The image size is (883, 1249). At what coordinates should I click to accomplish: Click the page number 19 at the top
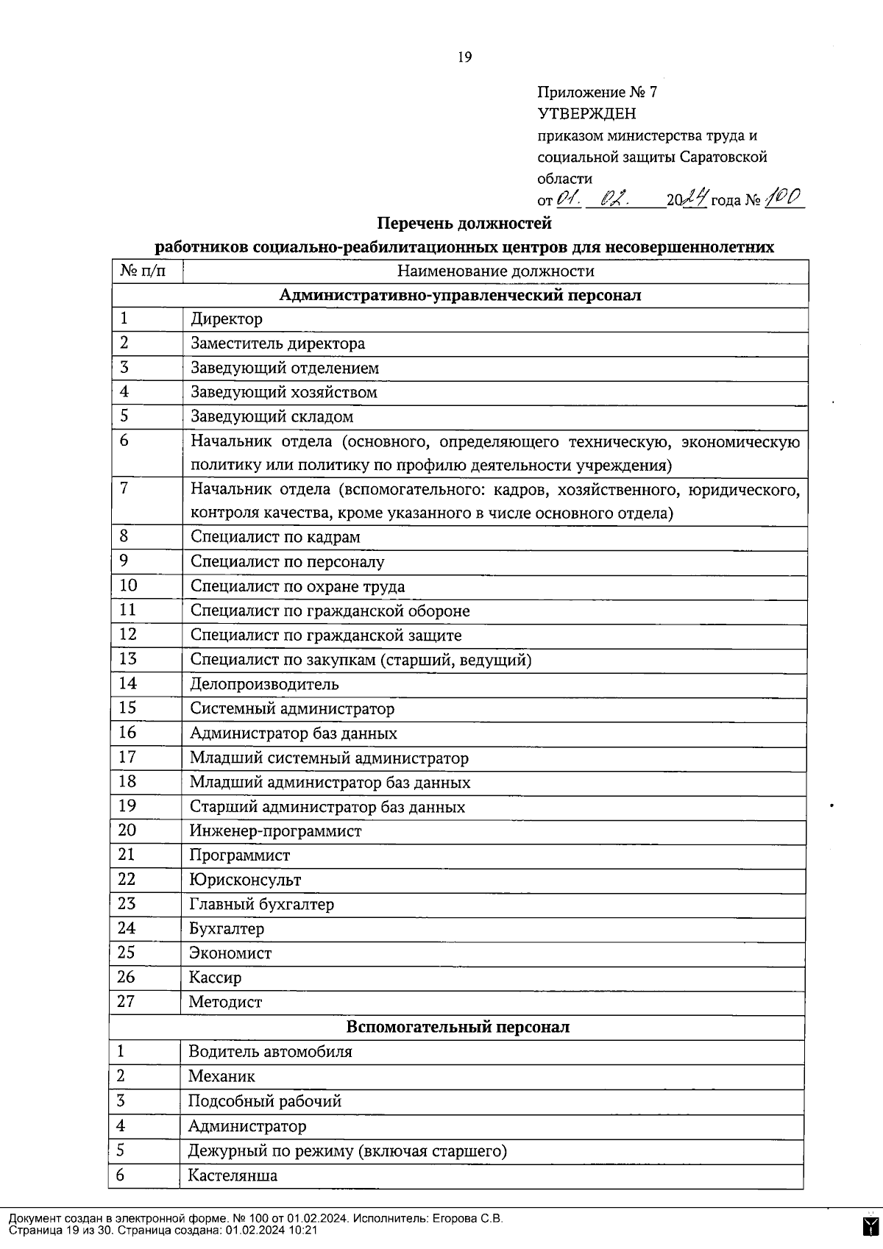coord(464,57)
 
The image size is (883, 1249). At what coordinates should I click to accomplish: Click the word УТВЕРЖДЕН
coord(586,114)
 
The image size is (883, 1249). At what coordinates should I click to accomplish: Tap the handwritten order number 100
coord(784,198)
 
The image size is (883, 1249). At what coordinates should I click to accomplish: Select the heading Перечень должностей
coord(464,223)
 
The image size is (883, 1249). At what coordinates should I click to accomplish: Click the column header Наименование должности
coord(495,271)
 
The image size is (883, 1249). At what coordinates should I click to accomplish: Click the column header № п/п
coord(144,271)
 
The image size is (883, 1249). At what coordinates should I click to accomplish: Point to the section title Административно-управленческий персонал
coord(460,296)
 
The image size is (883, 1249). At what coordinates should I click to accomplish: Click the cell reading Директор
coord(226,319)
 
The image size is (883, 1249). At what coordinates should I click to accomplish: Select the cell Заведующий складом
coord(272,417)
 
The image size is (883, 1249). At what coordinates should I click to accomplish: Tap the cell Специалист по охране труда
coord(297,586)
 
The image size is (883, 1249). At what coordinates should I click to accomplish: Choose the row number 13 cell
coord(128,659)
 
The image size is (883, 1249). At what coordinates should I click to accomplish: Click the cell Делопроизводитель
coord(264,684)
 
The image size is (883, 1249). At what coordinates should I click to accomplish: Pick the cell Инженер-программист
coord(275,831)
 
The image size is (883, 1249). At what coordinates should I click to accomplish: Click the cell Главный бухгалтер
coord(261,904)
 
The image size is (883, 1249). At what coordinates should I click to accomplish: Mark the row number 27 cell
coord(127,1001)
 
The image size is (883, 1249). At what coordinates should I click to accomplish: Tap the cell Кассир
coord(214,978)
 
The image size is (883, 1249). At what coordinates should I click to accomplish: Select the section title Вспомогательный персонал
coord(458,1027)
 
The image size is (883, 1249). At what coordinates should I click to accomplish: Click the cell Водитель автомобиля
coord(269,1052)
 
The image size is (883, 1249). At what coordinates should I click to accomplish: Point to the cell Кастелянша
coord(233,1175)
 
